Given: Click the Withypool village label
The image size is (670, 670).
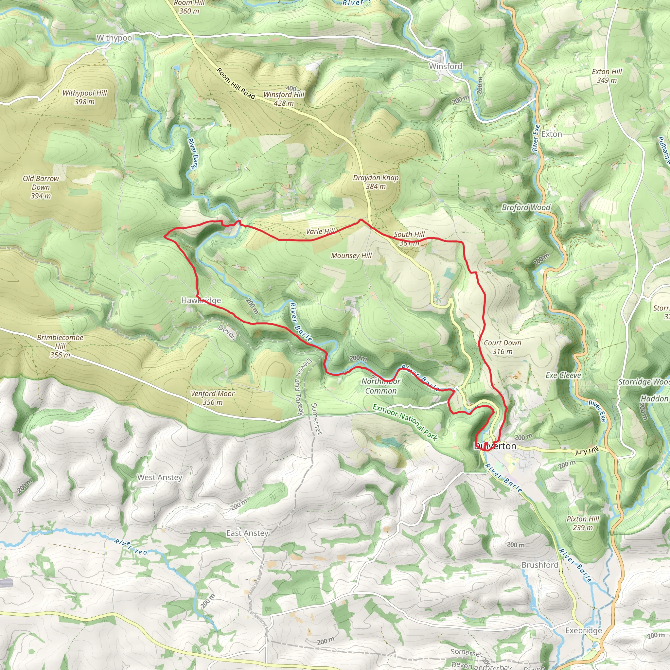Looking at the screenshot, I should point(115,38).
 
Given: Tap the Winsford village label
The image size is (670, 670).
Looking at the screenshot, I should point(445,66).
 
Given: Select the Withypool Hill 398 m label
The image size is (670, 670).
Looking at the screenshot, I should point(85,97).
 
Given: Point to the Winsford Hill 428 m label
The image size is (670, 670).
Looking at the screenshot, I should point(284,98).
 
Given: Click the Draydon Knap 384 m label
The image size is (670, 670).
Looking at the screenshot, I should point(376,182).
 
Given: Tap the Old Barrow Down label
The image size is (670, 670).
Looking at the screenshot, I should point(41,187).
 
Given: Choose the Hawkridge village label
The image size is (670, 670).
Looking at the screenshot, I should point(201,300).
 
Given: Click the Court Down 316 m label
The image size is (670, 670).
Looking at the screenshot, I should point(502,347).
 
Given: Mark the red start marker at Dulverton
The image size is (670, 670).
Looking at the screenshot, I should point(486,444).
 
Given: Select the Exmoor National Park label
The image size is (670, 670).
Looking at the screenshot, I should point(405,422).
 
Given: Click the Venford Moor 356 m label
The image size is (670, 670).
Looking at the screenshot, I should point(213,398).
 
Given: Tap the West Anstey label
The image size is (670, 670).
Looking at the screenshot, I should point(160,477).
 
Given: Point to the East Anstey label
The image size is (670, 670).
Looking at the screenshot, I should point(247,533).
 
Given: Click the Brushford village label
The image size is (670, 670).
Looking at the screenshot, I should point(539,565).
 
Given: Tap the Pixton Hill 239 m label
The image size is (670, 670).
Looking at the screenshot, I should point(583,523).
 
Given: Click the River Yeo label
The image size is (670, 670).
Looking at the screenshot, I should point(131,547).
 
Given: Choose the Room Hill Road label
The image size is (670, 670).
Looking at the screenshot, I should point(236,83).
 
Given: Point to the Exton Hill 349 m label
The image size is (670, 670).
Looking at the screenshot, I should point(607,76).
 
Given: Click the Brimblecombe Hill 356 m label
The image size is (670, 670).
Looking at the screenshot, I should point(60,346).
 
